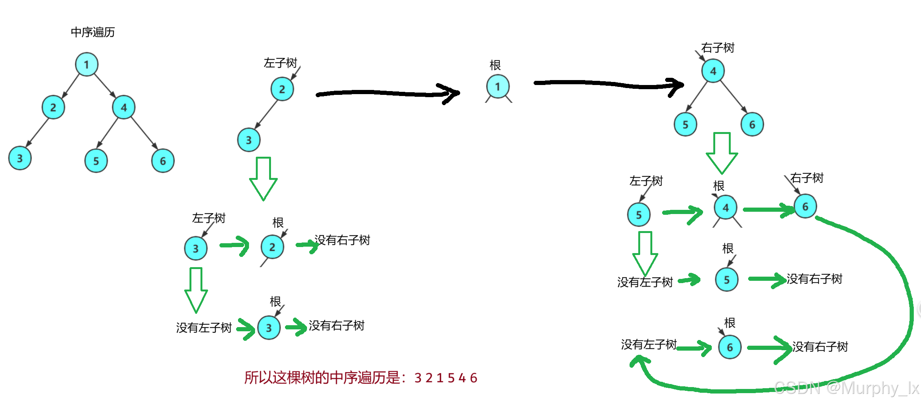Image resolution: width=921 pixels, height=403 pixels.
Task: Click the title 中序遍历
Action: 93,32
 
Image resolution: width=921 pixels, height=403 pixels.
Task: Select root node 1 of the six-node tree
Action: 87,65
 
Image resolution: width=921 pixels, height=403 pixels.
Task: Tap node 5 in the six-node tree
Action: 96,161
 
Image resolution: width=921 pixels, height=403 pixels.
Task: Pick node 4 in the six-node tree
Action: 124,107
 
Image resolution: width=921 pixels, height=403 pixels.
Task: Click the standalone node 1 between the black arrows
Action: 498,87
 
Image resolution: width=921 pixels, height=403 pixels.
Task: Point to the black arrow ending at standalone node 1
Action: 387,93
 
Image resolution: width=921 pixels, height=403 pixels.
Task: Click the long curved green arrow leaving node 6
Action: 906,304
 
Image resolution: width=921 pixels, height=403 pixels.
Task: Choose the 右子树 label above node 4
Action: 718,48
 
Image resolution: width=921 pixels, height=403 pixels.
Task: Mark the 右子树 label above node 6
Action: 807,178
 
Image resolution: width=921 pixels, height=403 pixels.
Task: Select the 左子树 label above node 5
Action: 646,181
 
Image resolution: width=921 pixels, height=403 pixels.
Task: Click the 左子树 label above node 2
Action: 280,63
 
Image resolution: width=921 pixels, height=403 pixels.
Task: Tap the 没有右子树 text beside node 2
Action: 343,240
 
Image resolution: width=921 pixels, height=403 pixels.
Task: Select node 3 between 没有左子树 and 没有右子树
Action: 269,327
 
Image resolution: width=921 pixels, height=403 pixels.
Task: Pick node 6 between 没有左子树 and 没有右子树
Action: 730,347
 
